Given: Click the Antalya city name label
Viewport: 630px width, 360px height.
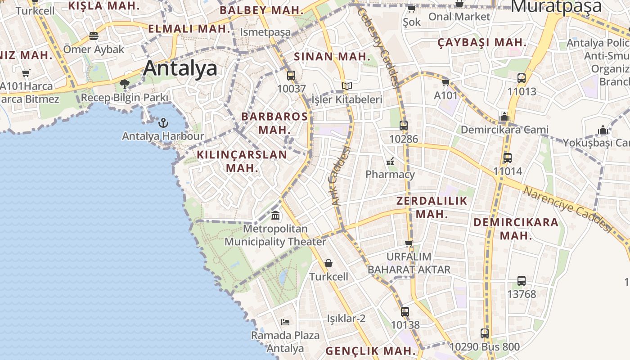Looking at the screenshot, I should click(x=180, y=68).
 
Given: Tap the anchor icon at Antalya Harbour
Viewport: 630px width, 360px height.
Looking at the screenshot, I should click(x=163, y=122).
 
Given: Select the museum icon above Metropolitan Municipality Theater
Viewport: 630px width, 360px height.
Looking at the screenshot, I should click(x=275, y=216).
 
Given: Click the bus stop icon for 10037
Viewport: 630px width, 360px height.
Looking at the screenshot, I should click(x=291, y=75).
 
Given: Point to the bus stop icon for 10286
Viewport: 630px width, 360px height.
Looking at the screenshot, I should click(x=404, y=126).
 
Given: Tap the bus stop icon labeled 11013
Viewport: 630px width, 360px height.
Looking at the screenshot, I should click(x=522, y=78).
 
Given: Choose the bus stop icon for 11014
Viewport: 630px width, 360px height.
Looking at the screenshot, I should click(x=508, y=158).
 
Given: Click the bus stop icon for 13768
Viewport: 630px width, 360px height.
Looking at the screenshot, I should click(x=522, y=281).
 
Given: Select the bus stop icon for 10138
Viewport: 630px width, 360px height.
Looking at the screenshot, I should click(x=405, y=311).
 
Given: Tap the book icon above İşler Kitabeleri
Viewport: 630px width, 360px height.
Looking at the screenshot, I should click(x=346, y=86).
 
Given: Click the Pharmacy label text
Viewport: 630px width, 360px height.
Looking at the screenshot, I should click(x=390, y=174).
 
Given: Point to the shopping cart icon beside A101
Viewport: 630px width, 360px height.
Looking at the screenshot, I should click(x=445, y=82).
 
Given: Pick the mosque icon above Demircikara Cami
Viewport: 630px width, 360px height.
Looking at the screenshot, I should click(x=504, y=117).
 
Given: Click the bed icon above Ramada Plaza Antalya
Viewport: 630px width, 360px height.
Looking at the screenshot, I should click(x=285, y=322).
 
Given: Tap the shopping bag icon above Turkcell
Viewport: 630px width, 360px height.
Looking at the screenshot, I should click(x=328, y=263).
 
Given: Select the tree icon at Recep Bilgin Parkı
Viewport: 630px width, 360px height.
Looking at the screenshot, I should click(x=125, y=84).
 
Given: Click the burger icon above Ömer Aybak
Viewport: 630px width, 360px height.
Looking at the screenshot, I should click(x=94, y=36).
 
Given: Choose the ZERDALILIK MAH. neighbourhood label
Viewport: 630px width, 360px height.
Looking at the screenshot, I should click(x=432, y=207).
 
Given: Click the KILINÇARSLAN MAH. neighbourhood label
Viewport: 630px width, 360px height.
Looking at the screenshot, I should click(x=242, y=161).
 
